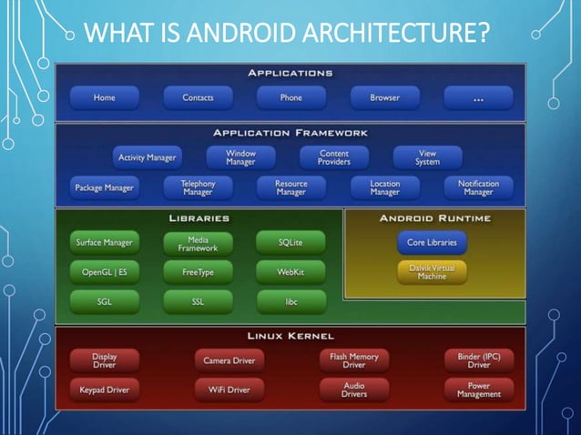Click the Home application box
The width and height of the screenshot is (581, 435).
tap(104, 97)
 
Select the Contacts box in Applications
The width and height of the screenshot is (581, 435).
tap(198, 97)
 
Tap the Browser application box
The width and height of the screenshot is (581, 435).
tap(384, 97)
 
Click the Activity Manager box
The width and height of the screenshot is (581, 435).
tap(148, 157)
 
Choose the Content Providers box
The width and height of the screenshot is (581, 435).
tap(334, 157)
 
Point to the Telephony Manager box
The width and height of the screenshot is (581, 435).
tap(198, 187)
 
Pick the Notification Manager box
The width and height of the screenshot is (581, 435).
tap(478, 187)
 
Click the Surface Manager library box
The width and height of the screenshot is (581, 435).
tap(104, 243)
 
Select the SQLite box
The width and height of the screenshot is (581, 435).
tap(290, 243)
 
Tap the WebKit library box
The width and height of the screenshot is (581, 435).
tap(290, 271)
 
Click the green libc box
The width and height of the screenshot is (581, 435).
tap(290, 300)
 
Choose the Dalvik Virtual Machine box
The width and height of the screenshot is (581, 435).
tap(432, 271)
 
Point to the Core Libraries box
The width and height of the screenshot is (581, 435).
tap(432, 243)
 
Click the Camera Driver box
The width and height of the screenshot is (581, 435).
tap(229, 360)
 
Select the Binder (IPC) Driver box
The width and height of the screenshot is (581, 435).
tap(478, 360)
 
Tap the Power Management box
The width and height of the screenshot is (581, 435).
tap(478, 389)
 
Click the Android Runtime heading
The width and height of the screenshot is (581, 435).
tap(434, 218)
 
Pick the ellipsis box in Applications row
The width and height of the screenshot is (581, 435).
tap(478, 97)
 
